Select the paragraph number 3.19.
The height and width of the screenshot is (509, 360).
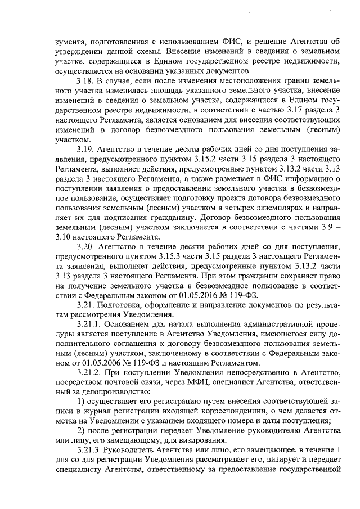tap(85, 150)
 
